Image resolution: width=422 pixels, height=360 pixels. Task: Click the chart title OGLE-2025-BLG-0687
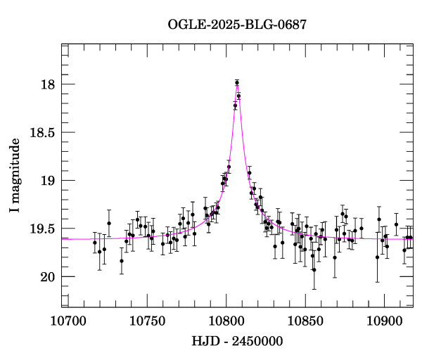click(237, 25)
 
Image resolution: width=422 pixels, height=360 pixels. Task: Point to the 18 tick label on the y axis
click(47, 85)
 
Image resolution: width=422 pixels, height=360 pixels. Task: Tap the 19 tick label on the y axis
click(47, 181)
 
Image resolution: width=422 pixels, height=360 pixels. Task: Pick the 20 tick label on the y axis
click(47, 276)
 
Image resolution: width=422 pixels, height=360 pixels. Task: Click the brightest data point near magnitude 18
click(237, 83)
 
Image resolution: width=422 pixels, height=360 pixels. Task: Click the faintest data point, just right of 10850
click(314, 270)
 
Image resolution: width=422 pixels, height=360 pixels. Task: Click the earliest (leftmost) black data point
click(95, 243)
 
